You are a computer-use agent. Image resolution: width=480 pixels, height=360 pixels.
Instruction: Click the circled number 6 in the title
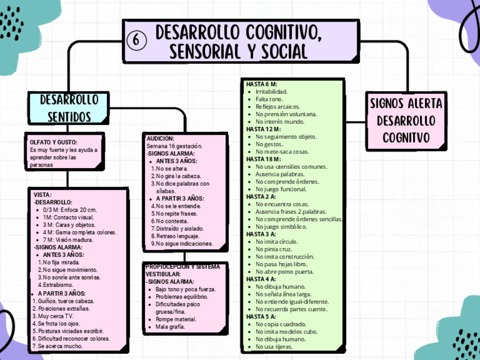point(137,40)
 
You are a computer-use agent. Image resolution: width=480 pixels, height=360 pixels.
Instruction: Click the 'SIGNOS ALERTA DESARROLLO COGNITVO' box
point(406,121)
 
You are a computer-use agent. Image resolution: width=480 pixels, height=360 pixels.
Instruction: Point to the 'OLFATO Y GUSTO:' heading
point(53,142)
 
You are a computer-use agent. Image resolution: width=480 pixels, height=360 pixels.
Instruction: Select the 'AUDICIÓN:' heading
point(160,139)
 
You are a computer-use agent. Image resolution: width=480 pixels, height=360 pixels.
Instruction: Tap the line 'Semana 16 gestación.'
point(174,146)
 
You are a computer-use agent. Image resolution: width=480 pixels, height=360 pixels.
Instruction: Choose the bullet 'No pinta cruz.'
point(273,248)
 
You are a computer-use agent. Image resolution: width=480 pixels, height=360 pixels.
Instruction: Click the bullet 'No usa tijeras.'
point(274,346)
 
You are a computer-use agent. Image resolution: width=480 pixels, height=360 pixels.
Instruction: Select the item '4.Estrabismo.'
point(57,285)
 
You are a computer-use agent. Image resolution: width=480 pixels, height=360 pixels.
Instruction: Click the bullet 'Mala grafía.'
point(170,327)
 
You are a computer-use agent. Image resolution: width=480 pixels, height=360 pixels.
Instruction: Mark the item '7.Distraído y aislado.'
point(177,229)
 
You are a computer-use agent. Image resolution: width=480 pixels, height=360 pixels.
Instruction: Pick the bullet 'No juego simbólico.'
point(281,226)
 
